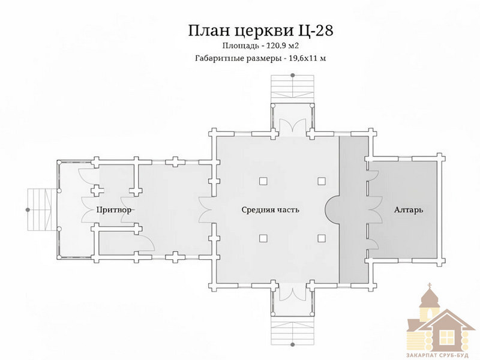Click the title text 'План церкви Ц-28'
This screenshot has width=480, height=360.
[260, 31]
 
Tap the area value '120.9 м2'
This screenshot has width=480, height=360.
[283, 46]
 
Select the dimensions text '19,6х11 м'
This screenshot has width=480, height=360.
[307, 58]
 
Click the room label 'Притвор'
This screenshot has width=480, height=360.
[115, 210]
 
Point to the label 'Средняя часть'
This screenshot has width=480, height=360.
[271, 210]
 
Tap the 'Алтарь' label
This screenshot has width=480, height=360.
[409, 210]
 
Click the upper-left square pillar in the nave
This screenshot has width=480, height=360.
[263, 181]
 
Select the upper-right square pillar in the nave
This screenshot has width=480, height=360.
[321, 181]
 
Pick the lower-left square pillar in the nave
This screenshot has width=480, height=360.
[263, 238]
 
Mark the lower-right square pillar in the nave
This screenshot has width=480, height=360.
[321, 238]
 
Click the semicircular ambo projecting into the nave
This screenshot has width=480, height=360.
[332, 210]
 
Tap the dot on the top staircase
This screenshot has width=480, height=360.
[293, 75]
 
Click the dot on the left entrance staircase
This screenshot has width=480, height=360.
[28, 210]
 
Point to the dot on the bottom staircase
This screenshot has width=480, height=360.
[293, 344]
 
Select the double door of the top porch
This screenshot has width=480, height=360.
[293, 125]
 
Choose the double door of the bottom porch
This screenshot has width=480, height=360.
[293, 294]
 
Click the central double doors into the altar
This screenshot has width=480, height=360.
[376, 210]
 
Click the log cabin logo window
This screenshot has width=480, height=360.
[446, 337]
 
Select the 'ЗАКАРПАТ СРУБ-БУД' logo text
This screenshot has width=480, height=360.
[437, 355]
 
